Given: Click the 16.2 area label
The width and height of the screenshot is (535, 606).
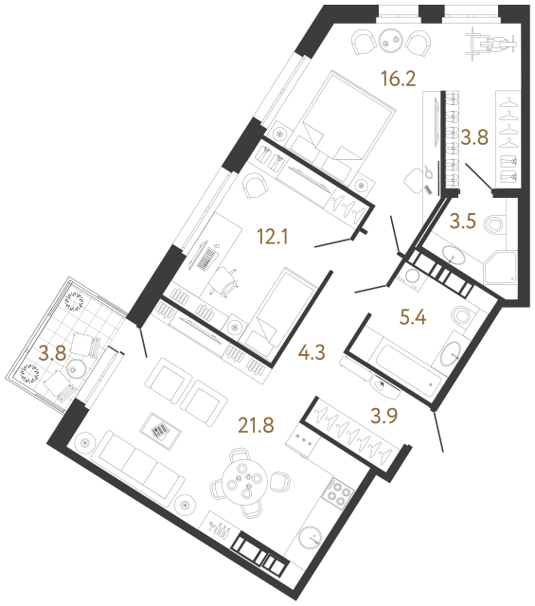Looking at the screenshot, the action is point(398,79).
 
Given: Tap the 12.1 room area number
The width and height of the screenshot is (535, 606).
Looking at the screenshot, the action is point(273,237).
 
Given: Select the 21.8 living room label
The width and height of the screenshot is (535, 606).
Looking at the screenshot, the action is point(256,425).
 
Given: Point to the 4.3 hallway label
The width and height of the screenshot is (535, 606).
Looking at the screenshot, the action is point(312,352).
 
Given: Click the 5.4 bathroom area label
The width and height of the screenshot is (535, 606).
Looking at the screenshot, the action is point(413,318).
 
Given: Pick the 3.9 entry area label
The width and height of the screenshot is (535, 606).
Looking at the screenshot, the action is point(384,416).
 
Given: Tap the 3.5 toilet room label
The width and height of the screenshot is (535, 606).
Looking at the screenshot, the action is point(463,222).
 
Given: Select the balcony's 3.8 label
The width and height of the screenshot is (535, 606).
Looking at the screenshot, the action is point(53,353).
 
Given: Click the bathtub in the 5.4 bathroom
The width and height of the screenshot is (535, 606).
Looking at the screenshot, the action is point(408,366).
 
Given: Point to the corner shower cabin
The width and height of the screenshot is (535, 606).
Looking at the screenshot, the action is point(500,268).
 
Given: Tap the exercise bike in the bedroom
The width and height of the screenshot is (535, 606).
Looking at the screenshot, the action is point(490,43).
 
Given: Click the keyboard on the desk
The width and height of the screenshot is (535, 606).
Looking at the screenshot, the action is point(206,258).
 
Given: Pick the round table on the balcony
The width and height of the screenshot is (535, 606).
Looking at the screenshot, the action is point(74,367).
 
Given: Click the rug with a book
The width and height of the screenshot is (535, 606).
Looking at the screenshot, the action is point(160,430).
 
